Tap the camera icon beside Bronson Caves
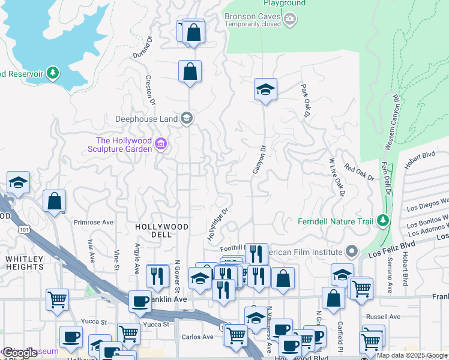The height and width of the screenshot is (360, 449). click(291, 20)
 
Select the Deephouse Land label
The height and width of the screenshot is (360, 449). click(146, 119)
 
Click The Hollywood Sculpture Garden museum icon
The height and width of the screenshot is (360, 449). click(160, 144)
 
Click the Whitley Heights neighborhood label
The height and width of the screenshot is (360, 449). click(25, 263)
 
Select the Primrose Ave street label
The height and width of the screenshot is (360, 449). click(94, 222)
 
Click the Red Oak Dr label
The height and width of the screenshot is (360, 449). click(359, 173)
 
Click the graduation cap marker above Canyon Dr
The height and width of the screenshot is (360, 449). click(265, 90)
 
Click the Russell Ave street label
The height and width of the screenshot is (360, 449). click(387, 316)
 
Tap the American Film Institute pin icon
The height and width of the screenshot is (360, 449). click(351, 252)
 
